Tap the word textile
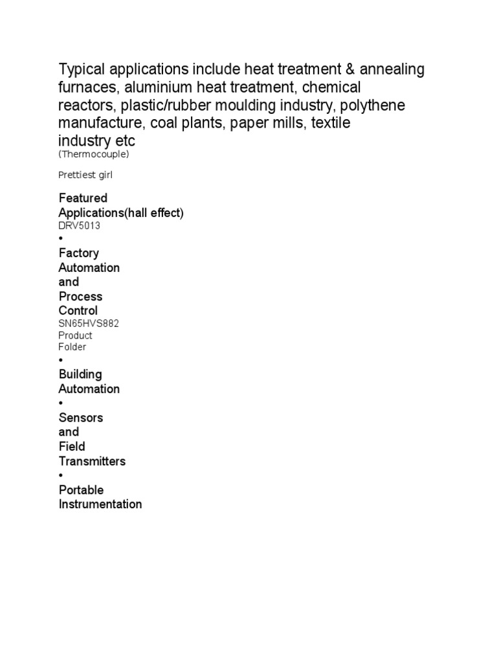331,123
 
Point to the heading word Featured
83,197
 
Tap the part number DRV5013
79,226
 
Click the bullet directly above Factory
61,238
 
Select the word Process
80,297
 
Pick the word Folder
72,347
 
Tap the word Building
80,374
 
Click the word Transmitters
92,461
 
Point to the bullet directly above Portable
61,475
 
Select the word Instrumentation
100,504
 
